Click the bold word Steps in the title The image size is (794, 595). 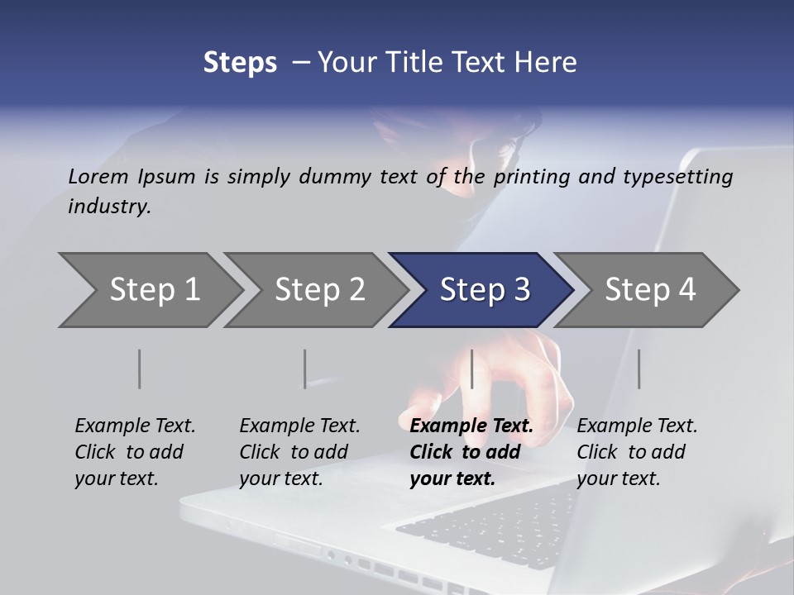coord(240,63)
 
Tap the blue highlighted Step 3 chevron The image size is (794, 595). coord(484,290)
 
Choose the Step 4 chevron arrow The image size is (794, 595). coord(649,290)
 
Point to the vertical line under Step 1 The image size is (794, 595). coord(140,369)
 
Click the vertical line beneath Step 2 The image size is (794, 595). coord(305,369)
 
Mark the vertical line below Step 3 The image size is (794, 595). coord(472,369)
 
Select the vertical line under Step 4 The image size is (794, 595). coord(639,369)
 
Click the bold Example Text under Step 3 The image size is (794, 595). coord(471,452)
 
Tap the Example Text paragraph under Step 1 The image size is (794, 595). coord(135,452)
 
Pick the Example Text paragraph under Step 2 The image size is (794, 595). coord(299,452)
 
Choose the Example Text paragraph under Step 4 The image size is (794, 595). coord(637,452)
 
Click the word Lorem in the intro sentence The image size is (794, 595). coord(98,176)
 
